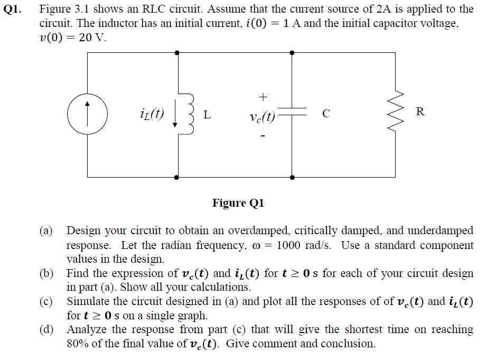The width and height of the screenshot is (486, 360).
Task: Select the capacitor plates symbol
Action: click(292, 112)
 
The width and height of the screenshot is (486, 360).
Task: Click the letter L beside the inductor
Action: click(207, 115)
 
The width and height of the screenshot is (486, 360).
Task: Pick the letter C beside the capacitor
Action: click(326, 114)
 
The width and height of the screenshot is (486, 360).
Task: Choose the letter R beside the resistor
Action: click(420, 112)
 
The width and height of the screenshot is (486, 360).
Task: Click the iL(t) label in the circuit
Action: click(152, 114)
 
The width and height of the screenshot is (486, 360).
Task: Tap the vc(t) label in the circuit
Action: click(262, 117)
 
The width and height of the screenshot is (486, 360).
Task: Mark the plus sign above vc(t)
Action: click(263, 97)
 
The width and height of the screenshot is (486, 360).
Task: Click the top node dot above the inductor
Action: click(177, 53)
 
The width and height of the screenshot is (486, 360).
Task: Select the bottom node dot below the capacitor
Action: click(292, 178)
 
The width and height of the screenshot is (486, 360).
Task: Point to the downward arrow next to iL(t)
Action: click(175, 114)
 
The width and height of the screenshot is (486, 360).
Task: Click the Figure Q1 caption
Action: click(238, 203)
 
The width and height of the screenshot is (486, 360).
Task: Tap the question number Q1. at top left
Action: click(12, 10)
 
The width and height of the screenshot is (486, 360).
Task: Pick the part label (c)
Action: click(46, 301)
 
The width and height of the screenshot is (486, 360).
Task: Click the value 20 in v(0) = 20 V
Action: click(85, 38)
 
